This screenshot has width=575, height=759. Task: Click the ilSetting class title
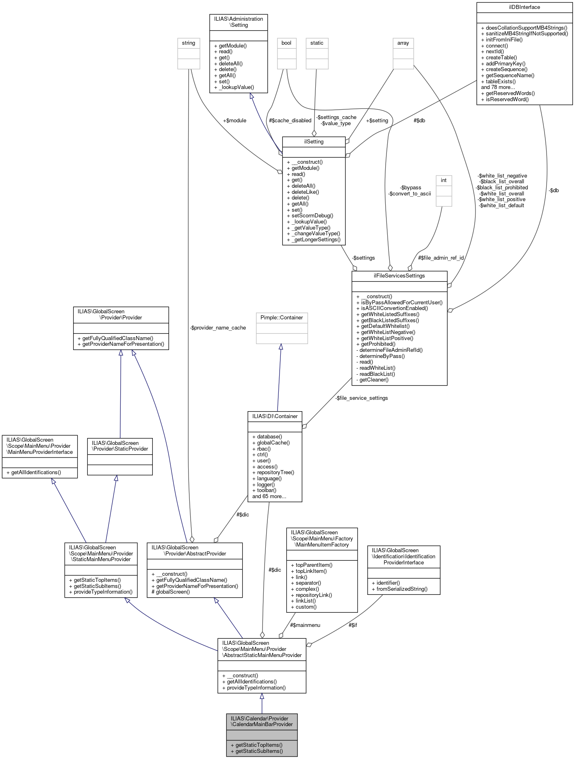[314, 141]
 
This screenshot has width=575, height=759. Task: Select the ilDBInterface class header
[524, 7]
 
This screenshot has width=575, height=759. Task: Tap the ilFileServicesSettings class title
[399, 276]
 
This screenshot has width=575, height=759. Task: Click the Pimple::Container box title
[282, 317]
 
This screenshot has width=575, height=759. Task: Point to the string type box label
[189, 43]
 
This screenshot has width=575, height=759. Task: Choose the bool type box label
[286, 43]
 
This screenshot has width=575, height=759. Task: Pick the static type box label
[317, 43]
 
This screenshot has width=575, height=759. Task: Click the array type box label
[403, 43]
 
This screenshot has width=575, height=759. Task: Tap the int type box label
[444, 180]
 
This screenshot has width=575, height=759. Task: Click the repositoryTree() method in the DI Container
[276, 473]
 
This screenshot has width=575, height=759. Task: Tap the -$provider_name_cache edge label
[218, 328]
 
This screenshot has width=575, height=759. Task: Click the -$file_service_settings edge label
[362, 398]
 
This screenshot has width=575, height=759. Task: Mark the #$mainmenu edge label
[305, 625]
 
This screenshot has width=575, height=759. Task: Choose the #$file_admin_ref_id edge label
[441, 258]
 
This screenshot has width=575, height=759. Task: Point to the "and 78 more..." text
[498, 87]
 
